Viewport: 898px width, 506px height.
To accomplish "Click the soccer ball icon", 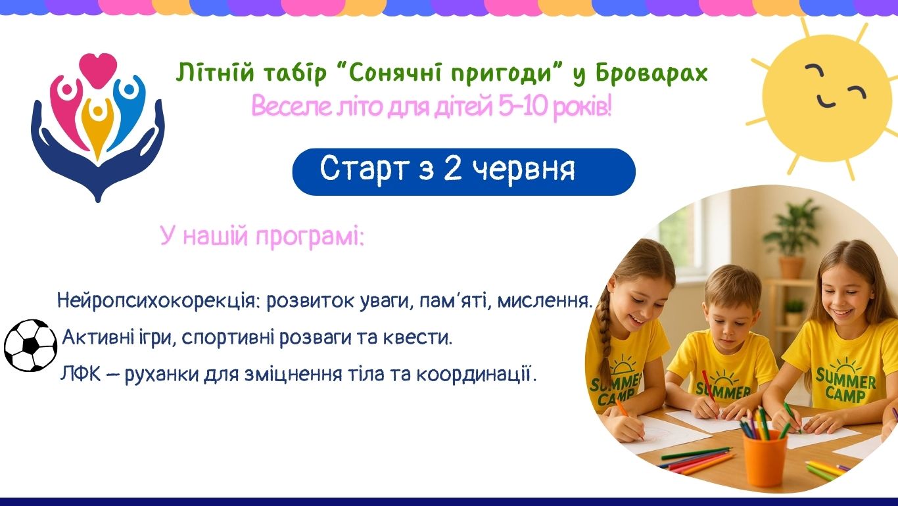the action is tap(30, 346).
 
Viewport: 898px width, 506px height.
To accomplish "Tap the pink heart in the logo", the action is tap(98, 70).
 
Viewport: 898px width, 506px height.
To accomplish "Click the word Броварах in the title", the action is tap(652, 74).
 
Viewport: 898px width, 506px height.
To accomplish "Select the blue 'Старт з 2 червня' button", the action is tap(464, 172).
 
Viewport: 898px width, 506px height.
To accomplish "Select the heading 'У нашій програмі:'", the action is tap(262, 237).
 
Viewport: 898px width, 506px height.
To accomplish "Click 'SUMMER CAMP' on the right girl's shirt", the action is tap(846, 385).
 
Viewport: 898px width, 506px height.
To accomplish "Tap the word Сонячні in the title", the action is tap(390, 74).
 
